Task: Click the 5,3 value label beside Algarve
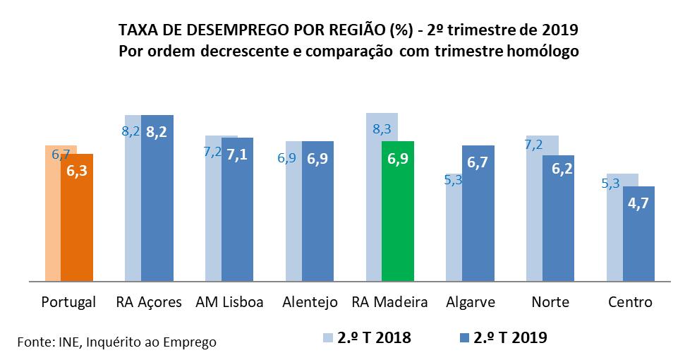tap(453, 180)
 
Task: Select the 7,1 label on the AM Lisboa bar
tap(236, 153)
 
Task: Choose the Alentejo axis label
tap(309, 302)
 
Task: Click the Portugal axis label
tap(68, 302)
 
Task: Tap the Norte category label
tap(550, 302)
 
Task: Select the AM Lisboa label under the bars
tap(229, 302)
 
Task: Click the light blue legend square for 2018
tap(326, 338)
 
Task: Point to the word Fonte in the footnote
tap(34, 342)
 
